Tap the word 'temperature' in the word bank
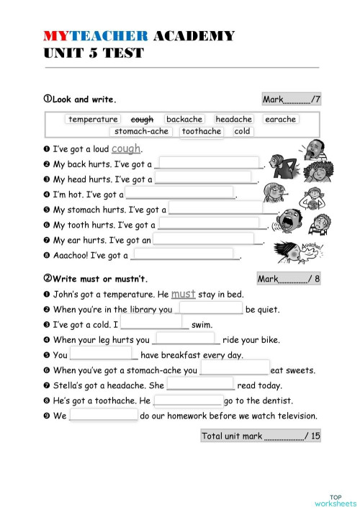[93, 120]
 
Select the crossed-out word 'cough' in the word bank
[142, 120]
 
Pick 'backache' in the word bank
[184, 120]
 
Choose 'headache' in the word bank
[234, 120]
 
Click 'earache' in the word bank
[280, 120]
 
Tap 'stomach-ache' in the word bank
[141, 131]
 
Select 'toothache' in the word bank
[202, 131]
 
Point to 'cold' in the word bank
[243, 131]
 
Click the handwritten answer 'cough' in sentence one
[126, 148]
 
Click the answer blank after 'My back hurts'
[208, 164]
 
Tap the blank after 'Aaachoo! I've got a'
[184, 254]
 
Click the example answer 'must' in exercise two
[184, 294]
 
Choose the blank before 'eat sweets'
[234, 370]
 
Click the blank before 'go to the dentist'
[188, 400]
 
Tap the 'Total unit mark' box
[260, 436]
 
